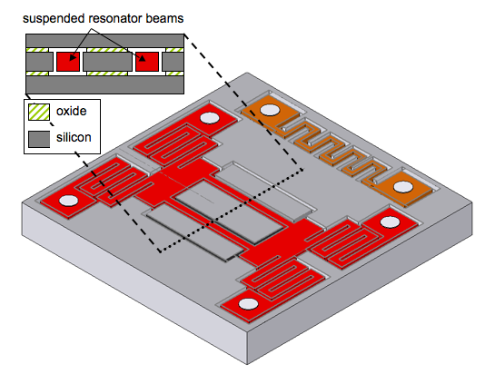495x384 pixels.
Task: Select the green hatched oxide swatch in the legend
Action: point(38,113)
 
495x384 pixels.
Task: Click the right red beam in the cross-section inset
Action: point(146,61)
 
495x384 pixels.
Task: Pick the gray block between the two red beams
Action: point(107,61)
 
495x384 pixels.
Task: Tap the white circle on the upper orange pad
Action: point(269,112)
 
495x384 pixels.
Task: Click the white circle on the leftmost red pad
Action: point(69,200)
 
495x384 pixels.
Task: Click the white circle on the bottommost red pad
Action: point(244,304)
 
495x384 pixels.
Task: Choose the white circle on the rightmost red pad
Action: point(390,222)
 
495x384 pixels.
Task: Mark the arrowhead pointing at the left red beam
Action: point(74,51)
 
